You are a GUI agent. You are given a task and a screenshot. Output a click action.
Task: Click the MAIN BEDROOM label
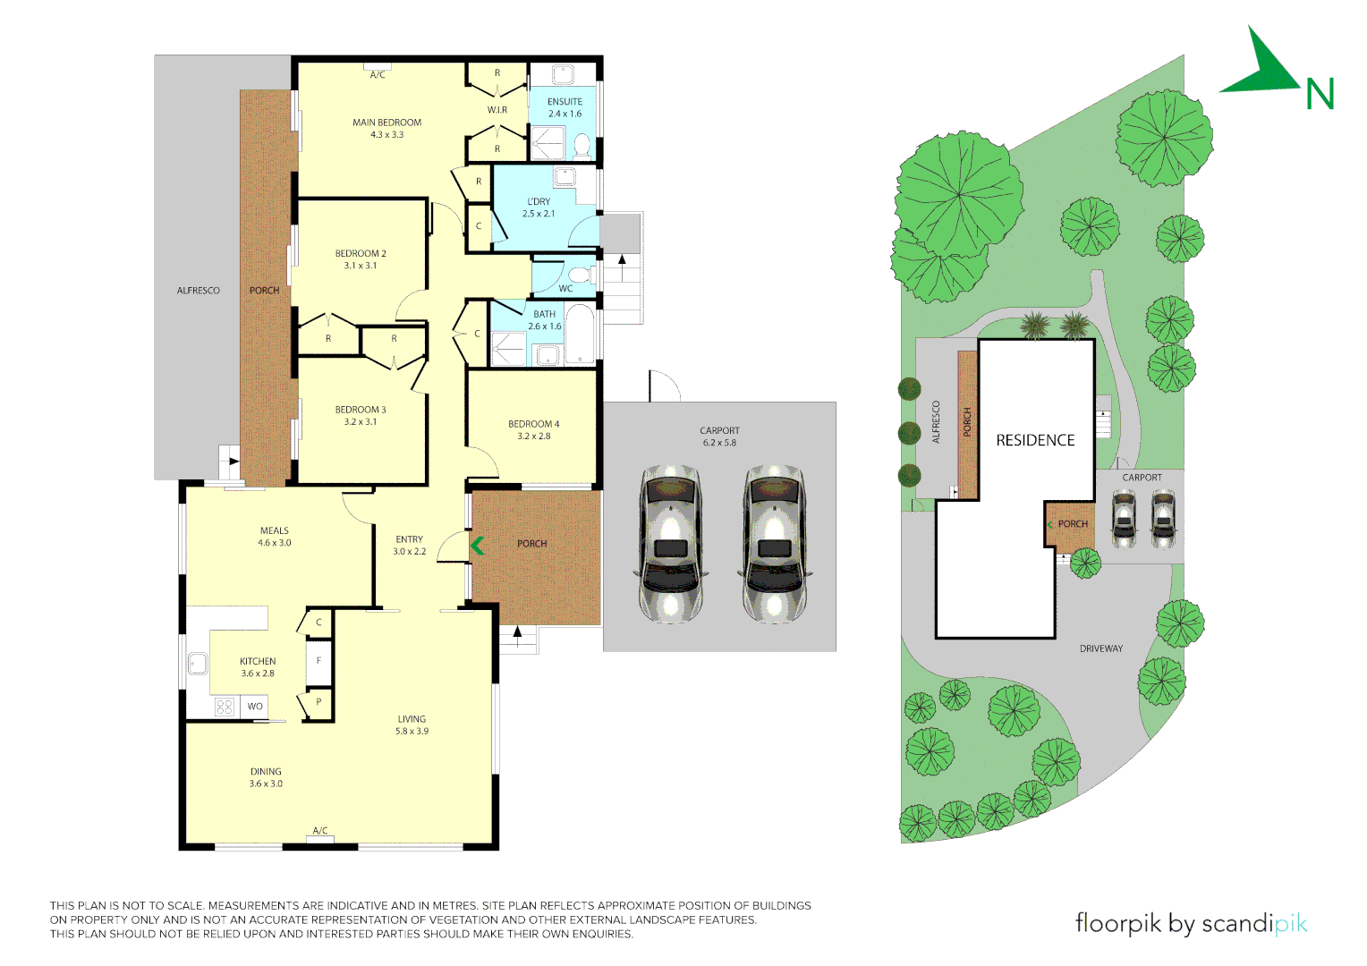pos(386,128)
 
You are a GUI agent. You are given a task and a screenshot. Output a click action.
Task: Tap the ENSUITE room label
pos(565,107)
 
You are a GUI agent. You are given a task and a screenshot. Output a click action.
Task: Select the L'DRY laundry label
pos(539,208)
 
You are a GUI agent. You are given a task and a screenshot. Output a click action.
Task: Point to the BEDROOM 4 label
pos(533,430)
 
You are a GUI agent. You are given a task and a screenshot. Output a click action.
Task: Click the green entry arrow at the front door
pos(478,545)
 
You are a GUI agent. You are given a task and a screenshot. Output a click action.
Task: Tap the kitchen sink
pos(198,664)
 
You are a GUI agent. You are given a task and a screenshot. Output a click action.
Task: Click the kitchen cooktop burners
pos(225,707)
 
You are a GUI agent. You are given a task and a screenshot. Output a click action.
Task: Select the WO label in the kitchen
pos(255,707)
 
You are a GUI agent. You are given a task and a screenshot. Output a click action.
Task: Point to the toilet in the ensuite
pos(582,145)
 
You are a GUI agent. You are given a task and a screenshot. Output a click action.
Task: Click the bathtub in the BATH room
pos(580,335)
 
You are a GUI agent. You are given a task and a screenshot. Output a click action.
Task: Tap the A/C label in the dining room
pos(320,831)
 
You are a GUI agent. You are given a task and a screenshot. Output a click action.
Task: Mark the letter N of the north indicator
pos(1320,94)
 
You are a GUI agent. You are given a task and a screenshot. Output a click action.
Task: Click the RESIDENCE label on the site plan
pos(1035,440)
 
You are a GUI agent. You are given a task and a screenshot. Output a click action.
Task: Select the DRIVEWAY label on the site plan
pos(1100,648)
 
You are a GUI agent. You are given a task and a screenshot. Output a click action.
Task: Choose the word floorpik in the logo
pos(1119,923)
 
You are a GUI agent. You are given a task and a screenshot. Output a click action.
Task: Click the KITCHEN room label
pos(258,667)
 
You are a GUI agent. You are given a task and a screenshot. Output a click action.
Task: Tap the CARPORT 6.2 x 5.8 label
pos(719,436)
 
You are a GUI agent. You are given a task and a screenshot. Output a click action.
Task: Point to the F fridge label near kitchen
pos(318,661)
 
